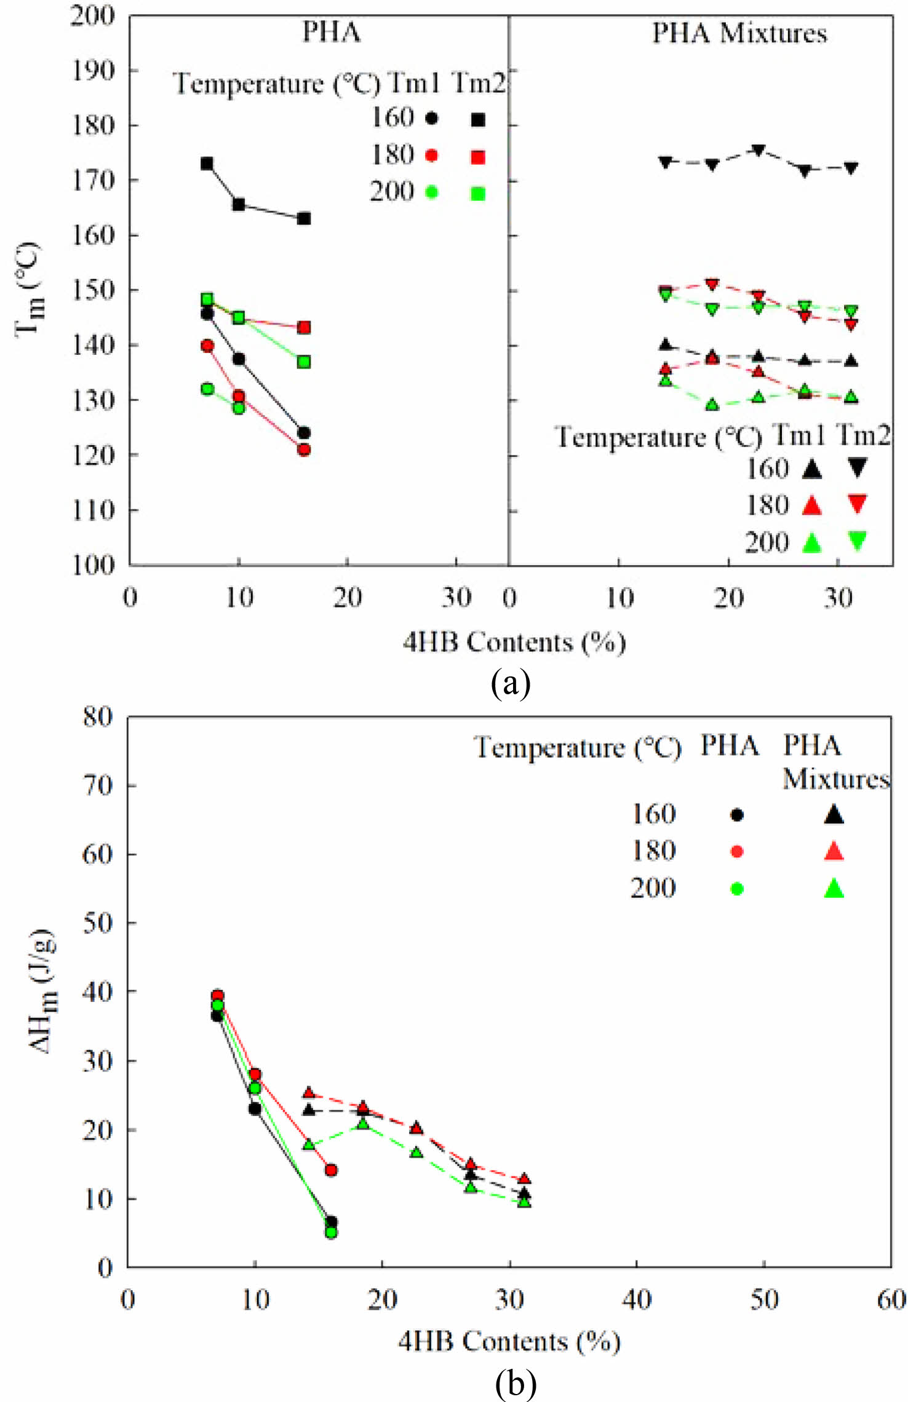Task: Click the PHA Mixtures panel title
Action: click(739, 33)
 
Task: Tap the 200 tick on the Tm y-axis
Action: click(92, 16)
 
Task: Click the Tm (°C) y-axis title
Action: click(28, 289)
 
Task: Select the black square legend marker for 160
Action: click(478, 120)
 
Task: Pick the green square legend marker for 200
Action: click(478, 194)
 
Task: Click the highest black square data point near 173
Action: click(207, 164)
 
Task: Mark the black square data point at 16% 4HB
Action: click(304, 218)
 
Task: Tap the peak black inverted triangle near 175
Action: click(759, 150)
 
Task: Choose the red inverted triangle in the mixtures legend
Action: click(857, 504)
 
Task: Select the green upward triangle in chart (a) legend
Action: click(812, 542)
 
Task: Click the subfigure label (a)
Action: click(511, 684)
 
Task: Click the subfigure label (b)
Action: click(516, 1384)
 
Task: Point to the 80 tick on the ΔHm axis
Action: click(98, 717)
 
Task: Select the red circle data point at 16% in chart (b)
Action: click(331, 1170)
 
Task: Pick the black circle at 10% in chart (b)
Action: click(255, 1108)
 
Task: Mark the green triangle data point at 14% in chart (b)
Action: click(309, 1144)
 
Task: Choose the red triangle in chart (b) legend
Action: click(834, 851)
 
